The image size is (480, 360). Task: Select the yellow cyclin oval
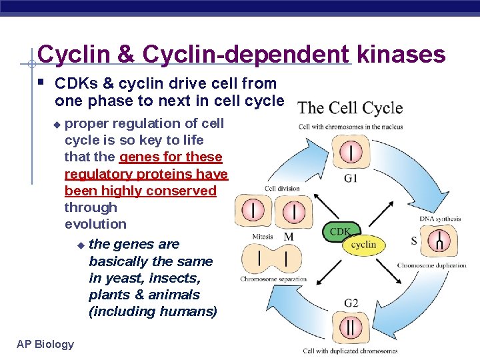363,245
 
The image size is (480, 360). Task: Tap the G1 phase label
351,178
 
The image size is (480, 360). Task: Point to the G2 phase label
351,303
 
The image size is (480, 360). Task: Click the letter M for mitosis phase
289,237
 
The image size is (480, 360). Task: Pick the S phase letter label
414,240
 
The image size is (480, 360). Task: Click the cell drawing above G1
351,153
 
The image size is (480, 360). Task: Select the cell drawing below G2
351,327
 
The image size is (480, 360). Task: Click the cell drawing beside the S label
439,241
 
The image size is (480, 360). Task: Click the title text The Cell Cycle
350,108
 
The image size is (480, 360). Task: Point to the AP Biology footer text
45,344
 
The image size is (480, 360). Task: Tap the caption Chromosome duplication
431,265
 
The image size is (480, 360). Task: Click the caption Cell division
282,189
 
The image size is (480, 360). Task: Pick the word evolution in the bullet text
95,224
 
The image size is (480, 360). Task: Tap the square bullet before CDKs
41,83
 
